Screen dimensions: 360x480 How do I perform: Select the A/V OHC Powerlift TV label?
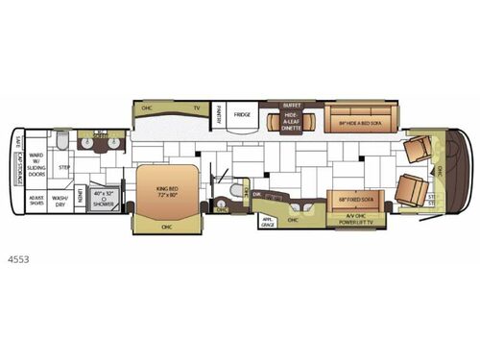358,220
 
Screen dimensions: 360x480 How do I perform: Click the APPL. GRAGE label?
270,220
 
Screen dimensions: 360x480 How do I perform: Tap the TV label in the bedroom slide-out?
197,108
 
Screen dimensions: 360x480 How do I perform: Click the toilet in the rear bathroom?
60,142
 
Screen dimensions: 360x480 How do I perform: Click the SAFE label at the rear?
19,145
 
